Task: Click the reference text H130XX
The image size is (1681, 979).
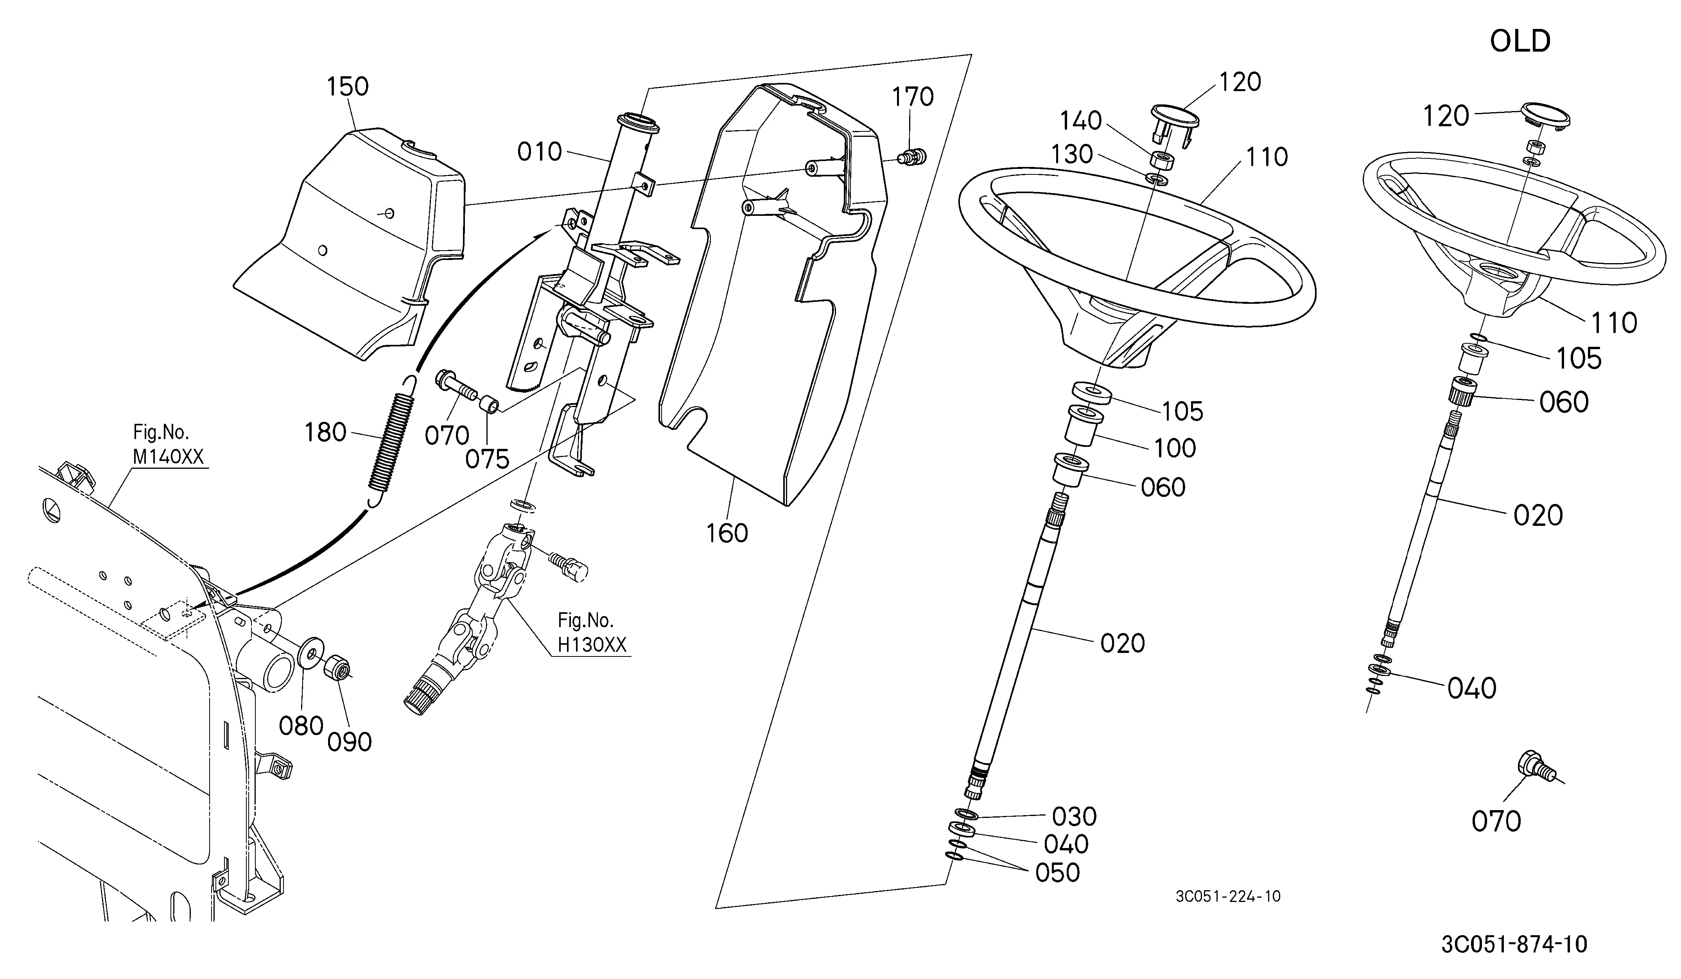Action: (592, 645)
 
